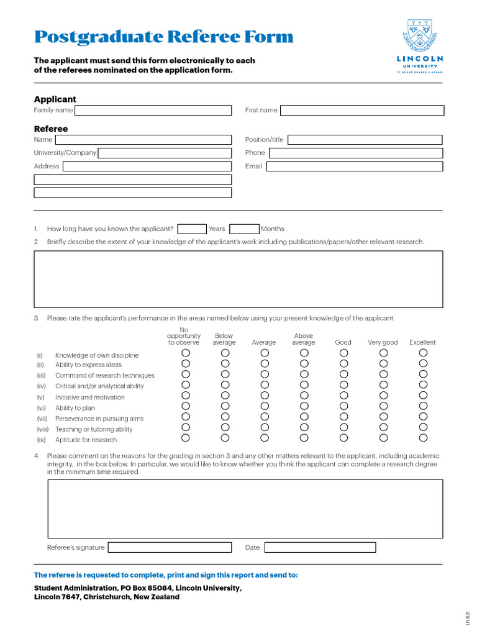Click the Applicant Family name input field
153,111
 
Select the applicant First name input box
362,111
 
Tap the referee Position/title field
365,140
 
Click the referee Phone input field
355,153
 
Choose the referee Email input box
354,166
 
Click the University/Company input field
165,153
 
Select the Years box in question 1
192,229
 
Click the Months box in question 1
244,229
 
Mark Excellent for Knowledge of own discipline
423,353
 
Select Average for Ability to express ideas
265,363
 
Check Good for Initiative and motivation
343,395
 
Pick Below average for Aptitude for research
225,438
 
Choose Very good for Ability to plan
383,406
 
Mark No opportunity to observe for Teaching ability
185,427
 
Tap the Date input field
320,547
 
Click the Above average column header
304,339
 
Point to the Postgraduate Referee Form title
163,37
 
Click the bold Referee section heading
51,129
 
